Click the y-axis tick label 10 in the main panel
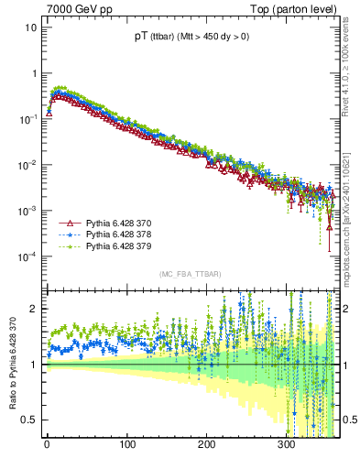click(x=31, y=27)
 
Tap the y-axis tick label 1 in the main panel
click(x=34, y=73)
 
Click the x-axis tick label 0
click(x=47, y=444)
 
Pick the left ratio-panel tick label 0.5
click(x=30, y=420)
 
